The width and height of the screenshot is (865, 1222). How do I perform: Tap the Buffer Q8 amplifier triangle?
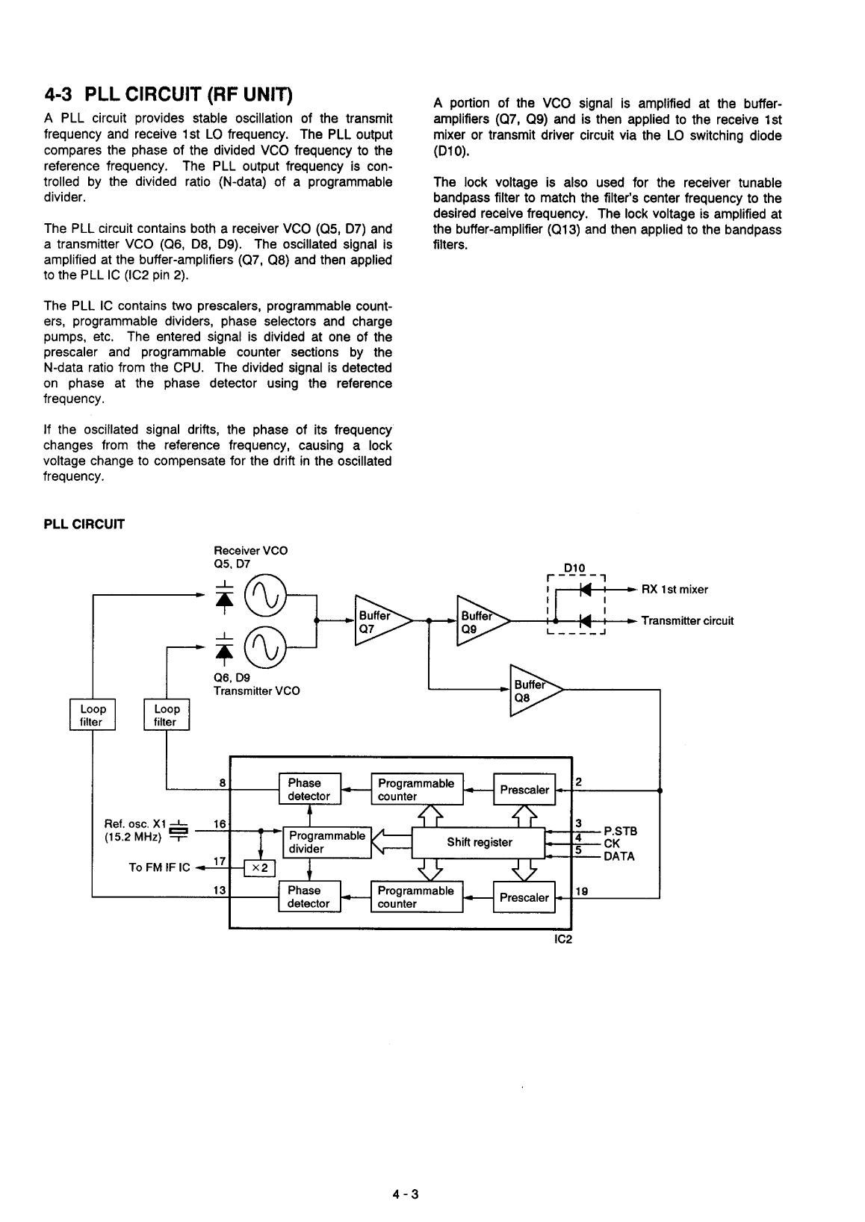[x=531, y=691]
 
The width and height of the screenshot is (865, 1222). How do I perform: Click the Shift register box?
[x=480, y=843]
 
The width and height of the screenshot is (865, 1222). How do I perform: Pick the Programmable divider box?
[x=326, y=842]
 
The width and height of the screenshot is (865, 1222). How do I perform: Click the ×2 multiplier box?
[x=261, y=867]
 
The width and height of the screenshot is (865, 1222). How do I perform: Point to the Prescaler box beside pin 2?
[x=524, y=790]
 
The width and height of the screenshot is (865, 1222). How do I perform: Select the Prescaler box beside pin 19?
[x=524, y=897]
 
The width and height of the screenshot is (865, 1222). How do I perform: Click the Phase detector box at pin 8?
[x=309, y=789]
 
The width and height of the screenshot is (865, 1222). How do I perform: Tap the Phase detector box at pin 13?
[x=309, y=897]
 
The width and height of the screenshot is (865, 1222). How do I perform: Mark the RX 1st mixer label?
[x=675, y=590]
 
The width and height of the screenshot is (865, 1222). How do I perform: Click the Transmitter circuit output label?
[x=687, y=621]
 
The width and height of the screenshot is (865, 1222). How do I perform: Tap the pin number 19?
[x=582, y=891]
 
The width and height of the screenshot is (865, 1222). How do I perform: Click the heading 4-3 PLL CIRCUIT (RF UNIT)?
[x=168, y=96]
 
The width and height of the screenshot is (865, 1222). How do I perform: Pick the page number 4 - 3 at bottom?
[x=406, y=1194]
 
